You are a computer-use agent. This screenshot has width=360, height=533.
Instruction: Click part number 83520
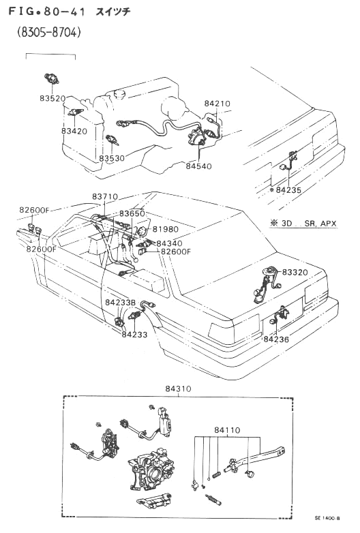pos(52,99)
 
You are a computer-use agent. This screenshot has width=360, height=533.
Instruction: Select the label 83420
pos(74,131)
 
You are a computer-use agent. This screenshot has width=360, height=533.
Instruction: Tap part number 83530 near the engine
pos(112,158)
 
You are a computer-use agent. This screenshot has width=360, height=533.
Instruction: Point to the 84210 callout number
pos(217,104)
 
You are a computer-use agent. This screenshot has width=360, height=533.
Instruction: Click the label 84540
pos(198,166)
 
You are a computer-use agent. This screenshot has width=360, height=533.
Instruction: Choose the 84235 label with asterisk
pos(285,190)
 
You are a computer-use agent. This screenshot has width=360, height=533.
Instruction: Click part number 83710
pos(105,197)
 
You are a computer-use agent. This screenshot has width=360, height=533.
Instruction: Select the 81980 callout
pos(165,229)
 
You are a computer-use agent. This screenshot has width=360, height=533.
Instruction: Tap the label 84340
pos(169,243)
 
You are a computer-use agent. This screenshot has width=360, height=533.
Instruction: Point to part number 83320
pos(295,272)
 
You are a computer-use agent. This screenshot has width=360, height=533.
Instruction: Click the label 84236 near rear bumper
pos(276,339)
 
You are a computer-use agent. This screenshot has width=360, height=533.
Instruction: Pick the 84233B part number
pos(120,303)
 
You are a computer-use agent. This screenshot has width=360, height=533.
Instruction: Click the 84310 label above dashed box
pos(178,389)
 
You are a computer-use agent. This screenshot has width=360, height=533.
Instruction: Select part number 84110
pos(227,430)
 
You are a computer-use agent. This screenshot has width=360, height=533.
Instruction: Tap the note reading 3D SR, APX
pos(303,224)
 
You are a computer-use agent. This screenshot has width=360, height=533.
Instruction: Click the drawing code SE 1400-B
pos(327,518)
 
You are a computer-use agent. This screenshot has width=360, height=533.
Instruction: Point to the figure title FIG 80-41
pos(46,12)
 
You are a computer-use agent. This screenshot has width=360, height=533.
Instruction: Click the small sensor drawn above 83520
pos(52,78)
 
